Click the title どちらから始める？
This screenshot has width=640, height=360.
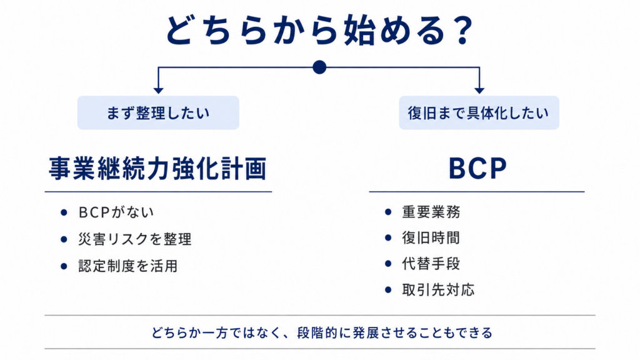pyautogui.click(x=319, y=30)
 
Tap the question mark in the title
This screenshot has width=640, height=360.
pyautogui.click(x=462, y=31)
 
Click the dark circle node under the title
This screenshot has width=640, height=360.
pyautogui.click(x=319, y=67)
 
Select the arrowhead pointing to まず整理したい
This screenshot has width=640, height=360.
pyautogui.click(x=158, y=90)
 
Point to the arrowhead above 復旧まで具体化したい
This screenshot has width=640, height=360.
pyautogui.click(x=479, y=90)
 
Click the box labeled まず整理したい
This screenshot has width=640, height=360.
pyautogui.click(x=158, y=112)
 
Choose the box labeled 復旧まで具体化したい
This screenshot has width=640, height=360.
pyautogui.click(x=479, y=112)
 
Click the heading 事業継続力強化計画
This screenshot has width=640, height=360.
pyautogui.click(x=158, y=168)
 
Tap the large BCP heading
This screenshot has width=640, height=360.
pyautogui.click(x=477, y=168)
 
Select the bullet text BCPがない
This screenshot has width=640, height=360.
pyautogui.click(x=116, y=212)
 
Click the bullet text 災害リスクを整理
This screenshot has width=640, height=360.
pyautogui.click(x=135, y=239)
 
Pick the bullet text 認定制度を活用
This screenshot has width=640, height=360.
pyautogui.click(x=128, y=266)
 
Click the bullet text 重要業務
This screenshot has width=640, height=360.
pyautogui.click(x=431, y=212)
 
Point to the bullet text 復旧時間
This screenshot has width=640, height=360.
pyautogui.click(x=431, y=237)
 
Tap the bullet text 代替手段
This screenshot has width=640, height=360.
pyautogui.click(x=431, y=264)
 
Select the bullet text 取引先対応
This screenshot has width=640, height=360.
pyautogui.click(x=438, y=290)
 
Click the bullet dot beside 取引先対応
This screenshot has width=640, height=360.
pyautogui.click(x=388, y=290)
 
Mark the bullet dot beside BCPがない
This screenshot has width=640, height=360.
pyautogui.click(x=64, y=212)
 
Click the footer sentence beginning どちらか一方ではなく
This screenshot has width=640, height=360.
pyautogui.click(x=322, y=332)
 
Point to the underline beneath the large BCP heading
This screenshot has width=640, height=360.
pyautogui.click(x=477, y=191)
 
